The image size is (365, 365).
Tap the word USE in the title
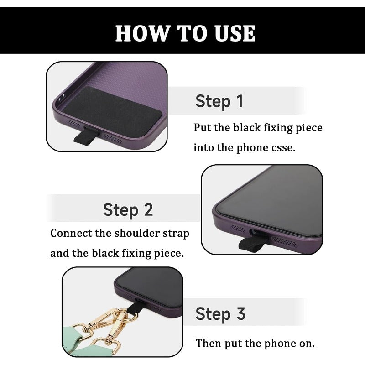235,33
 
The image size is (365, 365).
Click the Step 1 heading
219,101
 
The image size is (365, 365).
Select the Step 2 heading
128,210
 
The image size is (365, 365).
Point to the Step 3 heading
220,314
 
